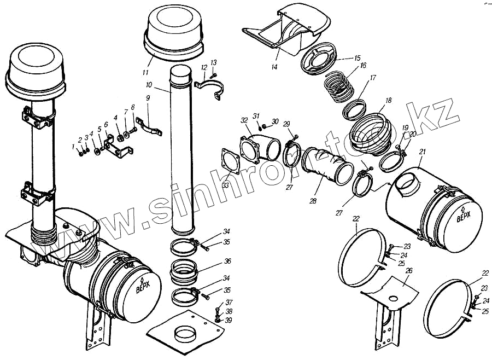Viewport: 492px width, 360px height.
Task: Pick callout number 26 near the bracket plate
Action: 409,270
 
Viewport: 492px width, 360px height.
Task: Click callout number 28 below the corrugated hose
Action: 313,201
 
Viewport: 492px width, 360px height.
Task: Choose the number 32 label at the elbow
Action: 244,120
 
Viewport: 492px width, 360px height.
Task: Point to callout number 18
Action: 388,101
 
